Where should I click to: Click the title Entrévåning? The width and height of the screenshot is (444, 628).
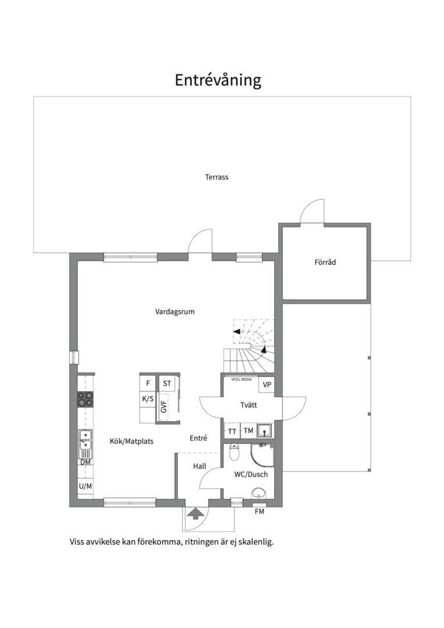(218, 80)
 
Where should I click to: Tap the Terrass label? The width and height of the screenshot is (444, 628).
(217, 177)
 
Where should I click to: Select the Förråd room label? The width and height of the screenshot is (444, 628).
(325, 262)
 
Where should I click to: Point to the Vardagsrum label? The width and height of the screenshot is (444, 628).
(175, 311)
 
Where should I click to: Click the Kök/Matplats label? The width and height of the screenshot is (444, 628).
(132, 441)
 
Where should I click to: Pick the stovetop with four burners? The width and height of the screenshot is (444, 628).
(85, 399)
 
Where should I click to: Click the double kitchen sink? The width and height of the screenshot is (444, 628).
(85, 440)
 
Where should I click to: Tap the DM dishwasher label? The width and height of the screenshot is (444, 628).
(85, 462)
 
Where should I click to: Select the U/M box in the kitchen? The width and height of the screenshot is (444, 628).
(85, 486)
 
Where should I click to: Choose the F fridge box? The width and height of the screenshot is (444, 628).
(148, 383)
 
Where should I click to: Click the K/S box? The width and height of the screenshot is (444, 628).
(148, 399)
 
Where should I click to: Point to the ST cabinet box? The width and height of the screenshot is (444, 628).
(167, 383)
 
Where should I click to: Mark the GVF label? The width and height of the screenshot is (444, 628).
(163, 406)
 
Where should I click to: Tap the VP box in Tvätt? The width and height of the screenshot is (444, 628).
(267, 385)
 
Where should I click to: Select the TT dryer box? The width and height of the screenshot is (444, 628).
(232, 431)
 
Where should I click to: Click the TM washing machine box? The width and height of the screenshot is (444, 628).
(248, 431)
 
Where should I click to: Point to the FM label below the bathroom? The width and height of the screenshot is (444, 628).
(259, 512)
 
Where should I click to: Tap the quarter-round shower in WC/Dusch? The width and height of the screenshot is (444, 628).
(262, 455)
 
